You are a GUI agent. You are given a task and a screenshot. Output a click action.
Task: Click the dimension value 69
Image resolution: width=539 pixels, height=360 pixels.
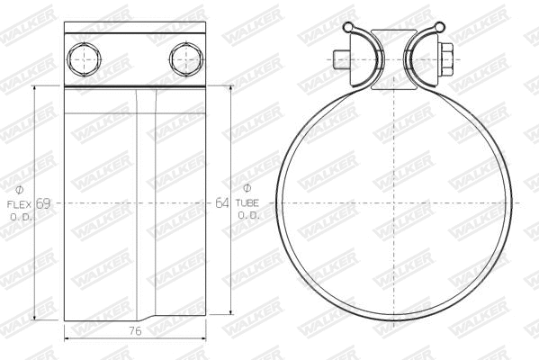42,203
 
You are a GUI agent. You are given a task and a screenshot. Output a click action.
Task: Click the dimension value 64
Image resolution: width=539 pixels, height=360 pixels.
222,203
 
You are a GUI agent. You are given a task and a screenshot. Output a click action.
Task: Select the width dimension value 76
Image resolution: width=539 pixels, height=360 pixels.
135,331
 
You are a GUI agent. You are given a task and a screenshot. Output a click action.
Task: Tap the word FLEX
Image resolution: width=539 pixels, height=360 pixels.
22,203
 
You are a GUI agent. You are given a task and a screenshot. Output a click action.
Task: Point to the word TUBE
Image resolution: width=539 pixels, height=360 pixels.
247,203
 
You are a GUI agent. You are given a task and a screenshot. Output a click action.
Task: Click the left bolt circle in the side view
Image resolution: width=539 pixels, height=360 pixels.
82,60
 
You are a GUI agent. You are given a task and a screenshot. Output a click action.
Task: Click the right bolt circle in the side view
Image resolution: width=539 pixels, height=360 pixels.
182,60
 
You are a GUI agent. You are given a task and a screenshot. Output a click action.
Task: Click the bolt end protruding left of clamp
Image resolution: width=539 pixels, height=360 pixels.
338,60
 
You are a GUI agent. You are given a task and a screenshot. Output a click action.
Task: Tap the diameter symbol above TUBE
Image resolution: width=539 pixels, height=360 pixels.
247,190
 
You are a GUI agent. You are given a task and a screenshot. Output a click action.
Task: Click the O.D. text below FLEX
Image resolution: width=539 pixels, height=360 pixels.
22,217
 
